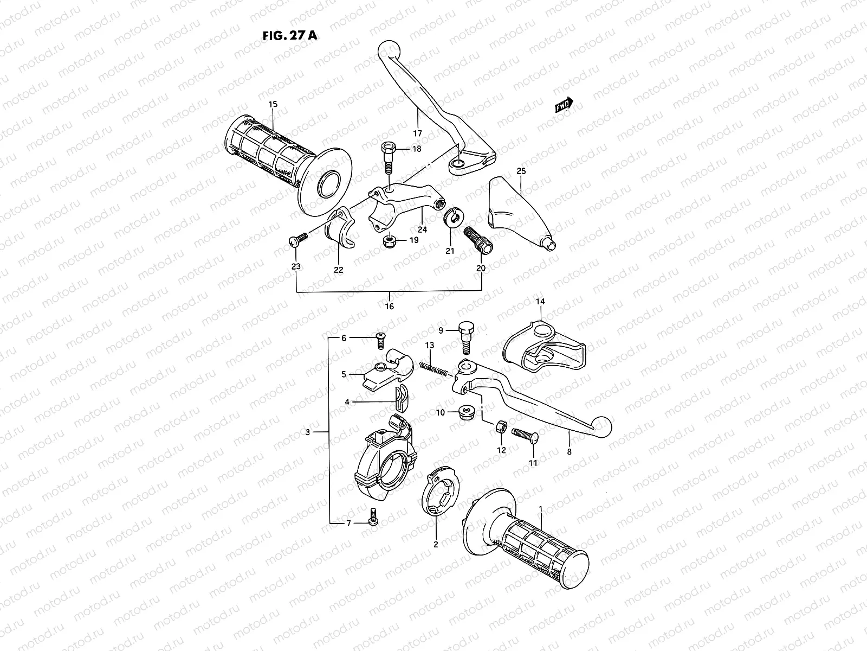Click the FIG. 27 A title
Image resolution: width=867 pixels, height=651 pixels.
[289, 36]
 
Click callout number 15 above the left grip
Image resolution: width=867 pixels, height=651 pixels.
[273, 104]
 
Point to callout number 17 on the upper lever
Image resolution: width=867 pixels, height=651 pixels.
[417, 133]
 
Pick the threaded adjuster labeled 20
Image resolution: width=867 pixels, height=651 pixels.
[477, 239]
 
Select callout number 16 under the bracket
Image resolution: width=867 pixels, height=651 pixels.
[389, 307]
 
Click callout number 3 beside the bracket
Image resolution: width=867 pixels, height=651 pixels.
[308, 432]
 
